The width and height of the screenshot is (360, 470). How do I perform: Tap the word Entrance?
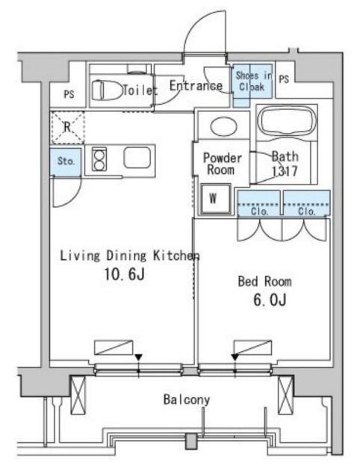click(x=196, y=85)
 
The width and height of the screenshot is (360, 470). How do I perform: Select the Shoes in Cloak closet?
click(x=252, y=81)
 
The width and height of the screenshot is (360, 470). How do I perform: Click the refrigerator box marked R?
click(x=67, y=126)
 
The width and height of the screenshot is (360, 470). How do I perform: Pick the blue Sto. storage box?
click(x=66, y=161)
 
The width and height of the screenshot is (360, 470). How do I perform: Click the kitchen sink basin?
click(x=138, y=158)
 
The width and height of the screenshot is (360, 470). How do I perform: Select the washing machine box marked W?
click(x=214, y=198)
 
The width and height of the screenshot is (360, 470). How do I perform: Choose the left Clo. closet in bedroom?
click(x=258, y=202)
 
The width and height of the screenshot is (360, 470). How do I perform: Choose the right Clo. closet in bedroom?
click(x=306, y=202)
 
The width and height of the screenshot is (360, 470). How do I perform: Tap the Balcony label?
click(x=186, y=400)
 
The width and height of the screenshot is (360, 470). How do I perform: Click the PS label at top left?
click(x=69, y=94)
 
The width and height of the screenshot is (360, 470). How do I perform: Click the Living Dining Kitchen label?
click(x=128, y=256)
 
